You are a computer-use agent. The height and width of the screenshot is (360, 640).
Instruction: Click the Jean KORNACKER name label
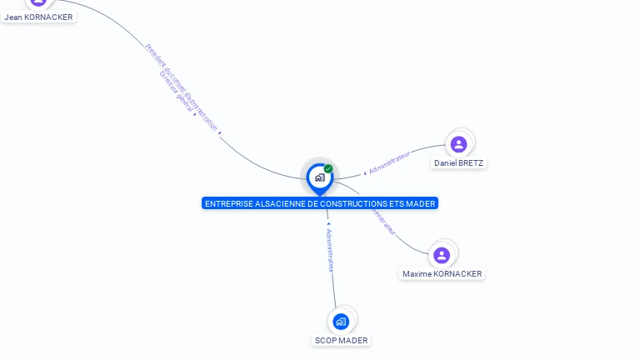[x=38, y=17]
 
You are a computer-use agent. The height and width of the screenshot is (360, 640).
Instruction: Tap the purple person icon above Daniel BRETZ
[x=458, y=144]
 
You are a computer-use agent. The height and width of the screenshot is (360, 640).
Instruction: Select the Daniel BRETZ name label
[x=458, y=163]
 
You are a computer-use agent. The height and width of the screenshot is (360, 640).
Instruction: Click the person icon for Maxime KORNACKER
[x=442, y=255]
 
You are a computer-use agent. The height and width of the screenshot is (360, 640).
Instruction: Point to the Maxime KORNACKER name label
[x=442, y=274]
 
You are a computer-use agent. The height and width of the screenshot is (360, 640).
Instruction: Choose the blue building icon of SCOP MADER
[x=340, y=321]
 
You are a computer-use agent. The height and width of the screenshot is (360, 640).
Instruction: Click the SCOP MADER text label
[x=341, y=341]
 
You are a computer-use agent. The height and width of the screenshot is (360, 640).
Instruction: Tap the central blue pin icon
[x=319, y=177]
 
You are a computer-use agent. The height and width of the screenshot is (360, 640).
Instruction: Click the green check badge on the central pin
[x=328, y=169]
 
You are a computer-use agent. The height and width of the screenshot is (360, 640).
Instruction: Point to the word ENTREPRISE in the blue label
[x=225, y=203]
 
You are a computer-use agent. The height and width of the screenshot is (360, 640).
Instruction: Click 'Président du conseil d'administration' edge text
[x=182, y=87]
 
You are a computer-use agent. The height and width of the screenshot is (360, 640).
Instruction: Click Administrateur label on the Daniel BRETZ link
[x=389, y=162]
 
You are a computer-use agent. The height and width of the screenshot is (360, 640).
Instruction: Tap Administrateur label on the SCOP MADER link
[x=330, y=251]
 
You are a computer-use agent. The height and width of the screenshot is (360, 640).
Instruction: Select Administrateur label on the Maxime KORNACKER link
[x=384, y=219]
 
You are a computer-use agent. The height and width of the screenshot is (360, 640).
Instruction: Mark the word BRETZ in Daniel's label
[x=470, y=163]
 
